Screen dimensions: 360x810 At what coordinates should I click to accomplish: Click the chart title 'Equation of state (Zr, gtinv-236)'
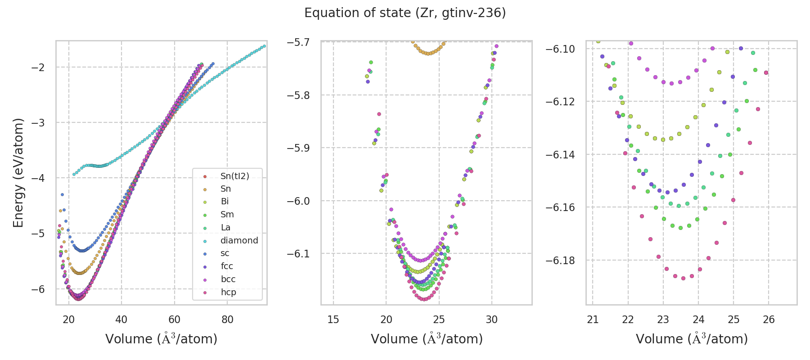(x=405, y=13)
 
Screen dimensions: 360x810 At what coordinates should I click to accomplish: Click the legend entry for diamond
(x=239, y=240)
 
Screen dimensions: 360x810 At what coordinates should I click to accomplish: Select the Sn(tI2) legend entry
(x=234, y=176)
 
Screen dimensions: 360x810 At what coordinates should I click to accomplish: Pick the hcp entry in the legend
(x=228, y=292)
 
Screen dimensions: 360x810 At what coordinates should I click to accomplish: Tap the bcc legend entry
(x=228, y=279)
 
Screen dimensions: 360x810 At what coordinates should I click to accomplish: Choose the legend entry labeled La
(x=225, y=228)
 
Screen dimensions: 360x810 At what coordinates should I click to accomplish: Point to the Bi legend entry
(x=225, y=202)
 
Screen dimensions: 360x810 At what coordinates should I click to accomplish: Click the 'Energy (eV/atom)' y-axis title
(x=18, y=173)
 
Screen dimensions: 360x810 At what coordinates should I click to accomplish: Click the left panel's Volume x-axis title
(x=161, y=339)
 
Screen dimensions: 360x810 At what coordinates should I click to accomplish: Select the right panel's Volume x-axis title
(x=692, y=339)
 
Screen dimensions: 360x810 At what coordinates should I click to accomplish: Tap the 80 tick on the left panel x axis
(x=227, y=319)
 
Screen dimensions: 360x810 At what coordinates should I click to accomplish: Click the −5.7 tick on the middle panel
(x=298, y=42)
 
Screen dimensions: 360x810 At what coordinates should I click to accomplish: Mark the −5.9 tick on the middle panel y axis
(x=298, y=148)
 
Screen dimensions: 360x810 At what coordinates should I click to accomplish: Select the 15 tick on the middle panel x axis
(x=333, y=319)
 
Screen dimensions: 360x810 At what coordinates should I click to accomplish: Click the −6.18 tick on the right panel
(x=560, y=261)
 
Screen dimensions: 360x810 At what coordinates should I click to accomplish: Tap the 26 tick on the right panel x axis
(x=769, y=319)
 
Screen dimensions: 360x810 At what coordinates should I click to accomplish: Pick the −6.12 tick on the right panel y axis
(x=560, y=102)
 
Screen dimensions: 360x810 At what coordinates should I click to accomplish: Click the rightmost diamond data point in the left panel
(x=264, y=46)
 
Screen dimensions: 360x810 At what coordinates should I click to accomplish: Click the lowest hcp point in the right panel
(x=683, y=278)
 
